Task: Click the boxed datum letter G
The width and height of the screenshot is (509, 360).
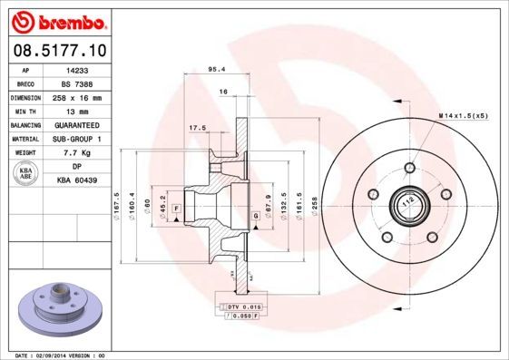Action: [x=256, y=216]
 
